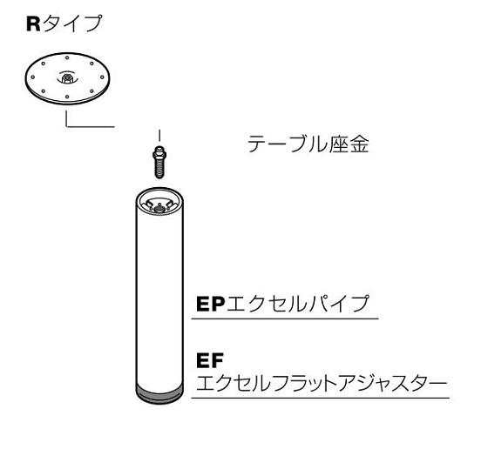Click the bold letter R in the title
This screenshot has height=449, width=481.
pos(33,23)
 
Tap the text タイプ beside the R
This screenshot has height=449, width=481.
pos(72,23)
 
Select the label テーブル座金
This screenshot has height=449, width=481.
pos(308,144)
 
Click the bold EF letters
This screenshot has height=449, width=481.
pos(210,360)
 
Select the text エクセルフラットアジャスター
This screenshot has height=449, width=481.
pos(322,384)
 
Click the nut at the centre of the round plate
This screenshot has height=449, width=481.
pos(66,77)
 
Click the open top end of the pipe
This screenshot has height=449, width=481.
pos(159,202)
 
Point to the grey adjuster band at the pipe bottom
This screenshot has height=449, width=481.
pos(159,394)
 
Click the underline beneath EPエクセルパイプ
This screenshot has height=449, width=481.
pos(285,318)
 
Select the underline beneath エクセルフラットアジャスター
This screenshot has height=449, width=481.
pos(321,398)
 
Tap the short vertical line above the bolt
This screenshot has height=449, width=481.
pos(159,136)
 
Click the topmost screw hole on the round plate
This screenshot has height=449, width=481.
pos(67,57)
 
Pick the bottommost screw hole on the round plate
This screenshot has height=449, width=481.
pos(67,97)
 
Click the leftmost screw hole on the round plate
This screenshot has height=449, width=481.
pos(33,77)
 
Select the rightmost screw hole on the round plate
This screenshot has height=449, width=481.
pos(103,77)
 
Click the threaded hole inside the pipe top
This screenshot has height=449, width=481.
pos(159,209)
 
